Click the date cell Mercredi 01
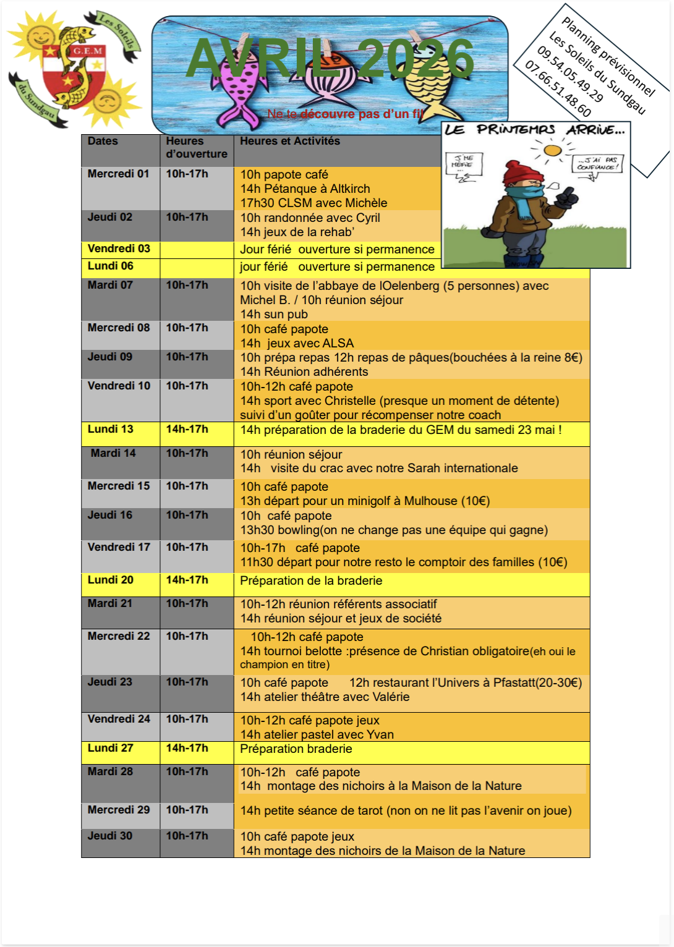pyautogui.click(x=119, y=174)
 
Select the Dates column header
pyautogui.click(x=103, y=141)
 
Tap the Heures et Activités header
pyautogui.click(x=289, y=141)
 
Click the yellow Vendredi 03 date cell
pyautogui.click(x=119, y=249)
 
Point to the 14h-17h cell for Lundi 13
pyautogui.click(x=187, y=430)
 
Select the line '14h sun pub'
pyautogui.click(x=274, y=314)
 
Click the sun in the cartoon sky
pyautogui.click(x=552, y=150)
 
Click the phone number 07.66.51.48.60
pyautogui.click(x=558, y=89)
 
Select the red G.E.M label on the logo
pyautogui.click(x=87, y=51)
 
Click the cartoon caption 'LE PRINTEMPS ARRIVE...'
pyautogui.click(x=535, y=129)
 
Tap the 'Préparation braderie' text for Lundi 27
pyautogui.click(x=296, y=749)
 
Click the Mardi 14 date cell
pyautogui.click(x=113, y=454)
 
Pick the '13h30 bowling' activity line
pyautogui.click(x=394, y=530)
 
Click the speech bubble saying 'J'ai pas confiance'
pyautogui.click(x=597, y=163)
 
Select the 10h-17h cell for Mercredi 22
pyautogui.click(x=187, y=637)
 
